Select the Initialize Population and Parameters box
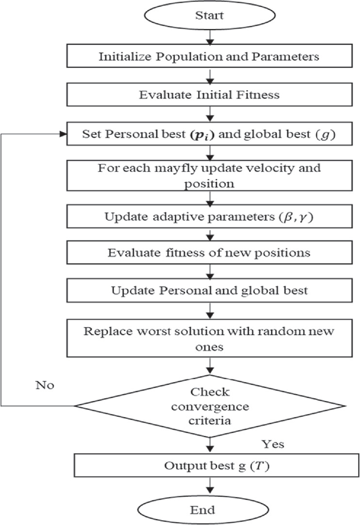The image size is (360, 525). tap(209, 56)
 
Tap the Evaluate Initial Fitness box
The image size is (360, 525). tap(209, 95)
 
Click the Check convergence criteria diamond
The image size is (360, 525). tap(209, 405)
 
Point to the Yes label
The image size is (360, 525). tap(273, 443)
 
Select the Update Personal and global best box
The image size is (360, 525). tap(209, 292)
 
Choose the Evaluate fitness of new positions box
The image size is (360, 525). tap(209, 253)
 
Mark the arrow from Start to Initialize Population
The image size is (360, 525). tap(210, 38)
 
